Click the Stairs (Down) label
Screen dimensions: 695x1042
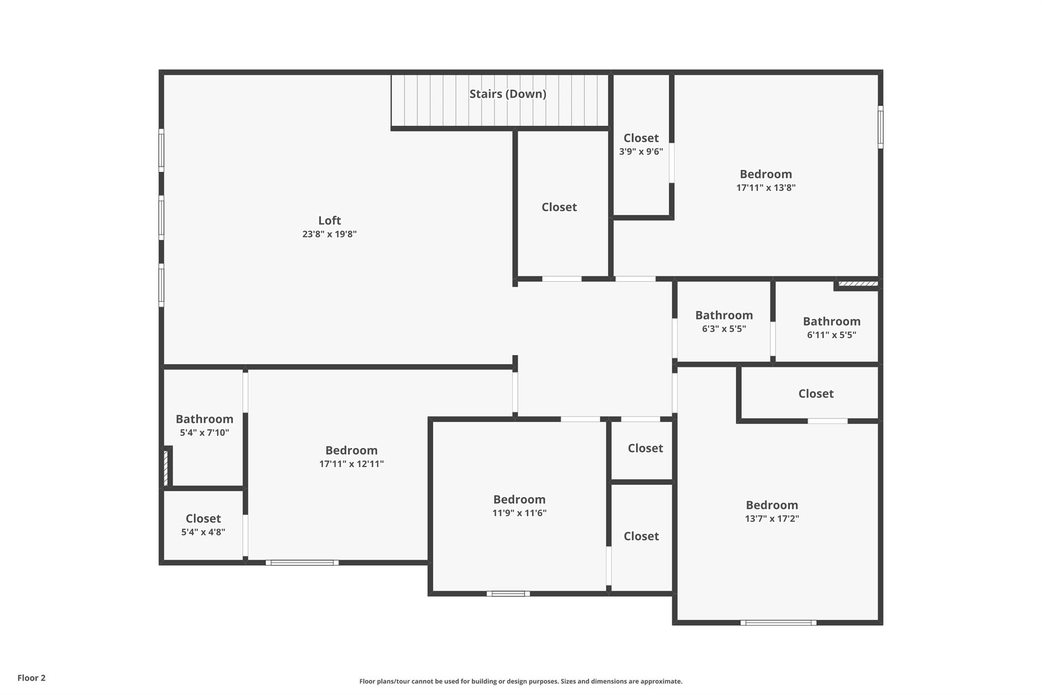pos(507,94)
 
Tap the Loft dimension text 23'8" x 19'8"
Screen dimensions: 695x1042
pos(329,234)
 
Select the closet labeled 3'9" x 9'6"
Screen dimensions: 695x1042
pos(641,145)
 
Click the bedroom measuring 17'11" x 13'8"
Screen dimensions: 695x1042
pos(765,181)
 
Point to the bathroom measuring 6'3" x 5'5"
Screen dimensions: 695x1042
pos(723,322)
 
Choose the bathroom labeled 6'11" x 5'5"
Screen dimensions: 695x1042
pos(831,328)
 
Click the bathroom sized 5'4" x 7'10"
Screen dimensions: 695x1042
pos(204,426)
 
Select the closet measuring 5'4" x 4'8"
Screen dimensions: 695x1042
pos(203,525)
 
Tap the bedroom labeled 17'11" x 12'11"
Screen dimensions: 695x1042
pos(351,457)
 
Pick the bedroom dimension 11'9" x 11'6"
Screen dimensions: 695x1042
pos(519,513)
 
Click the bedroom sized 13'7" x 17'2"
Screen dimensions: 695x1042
pos(771,512)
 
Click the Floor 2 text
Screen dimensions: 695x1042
pos(32,678)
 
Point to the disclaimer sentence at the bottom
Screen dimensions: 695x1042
pos(520,681)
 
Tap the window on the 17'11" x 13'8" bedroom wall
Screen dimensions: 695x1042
pos(880,127)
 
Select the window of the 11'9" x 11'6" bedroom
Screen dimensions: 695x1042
pos(508,593)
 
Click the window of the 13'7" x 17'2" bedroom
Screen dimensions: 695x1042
pos(778,622)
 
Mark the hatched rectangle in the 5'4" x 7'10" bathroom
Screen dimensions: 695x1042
pos(166,467)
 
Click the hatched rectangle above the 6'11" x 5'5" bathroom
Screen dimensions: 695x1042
pos(858,284)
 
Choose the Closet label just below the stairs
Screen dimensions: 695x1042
pos(559,207)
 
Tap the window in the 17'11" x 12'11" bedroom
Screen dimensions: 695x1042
pos(302,563)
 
